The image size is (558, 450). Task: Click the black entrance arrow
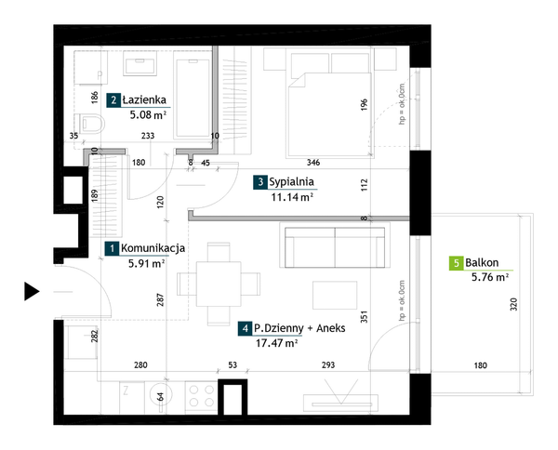[32, 291]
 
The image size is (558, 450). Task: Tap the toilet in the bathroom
[92, 124]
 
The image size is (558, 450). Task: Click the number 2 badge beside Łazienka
[113, 100]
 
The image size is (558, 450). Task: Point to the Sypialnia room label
[291, 182]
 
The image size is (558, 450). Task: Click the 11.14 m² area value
[292, 197]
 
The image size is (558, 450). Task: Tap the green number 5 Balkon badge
[456, 263]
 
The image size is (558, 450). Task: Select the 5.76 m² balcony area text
[490, 277]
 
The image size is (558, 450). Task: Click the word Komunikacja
[153, 248]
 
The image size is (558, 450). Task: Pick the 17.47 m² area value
[277, 343]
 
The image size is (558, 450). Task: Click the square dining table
[219, 284]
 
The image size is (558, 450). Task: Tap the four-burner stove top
[201, 396]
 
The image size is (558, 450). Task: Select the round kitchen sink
[161, 394]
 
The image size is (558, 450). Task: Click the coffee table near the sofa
[335, 296]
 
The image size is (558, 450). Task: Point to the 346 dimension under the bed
[313, 163]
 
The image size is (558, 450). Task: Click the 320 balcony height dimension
[513, 305]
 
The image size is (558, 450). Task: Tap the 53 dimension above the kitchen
[232, 365]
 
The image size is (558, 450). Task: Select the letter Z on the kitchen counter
[126, 390]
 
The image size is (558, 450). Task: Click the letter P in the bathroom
[100, 75]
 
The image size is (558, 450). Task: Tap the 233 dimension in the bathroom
[148, 136]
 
